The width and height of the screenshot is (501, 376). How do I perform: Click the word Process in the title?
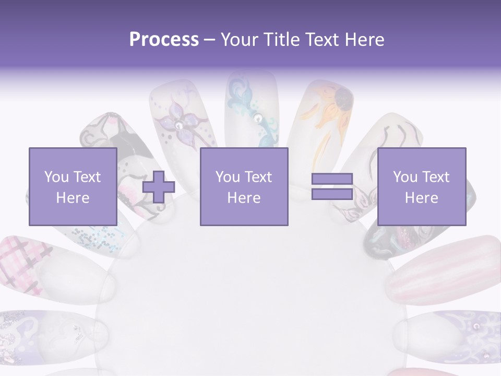pyautogui.click(x=164, y=40)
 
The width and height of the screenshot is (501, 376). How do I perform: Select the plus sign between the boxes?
pyautogui.click(x=159, y=187)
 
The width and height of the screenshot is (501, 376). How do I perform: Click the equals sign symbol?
pyautogui.click(x=332, y=186)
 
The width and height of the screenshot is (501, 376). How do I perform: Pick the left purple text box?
pyautogui.click(x=73, y=186)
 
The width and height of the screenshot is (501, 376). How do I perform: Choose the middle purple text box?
pyautogui.click(x=244, y=186)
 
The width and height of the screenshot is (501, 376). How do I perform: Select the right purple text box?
pyautogui.click(x=421, y=186)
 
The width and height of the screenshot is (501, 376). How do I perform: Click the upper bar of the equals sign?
pyautogui.click(x=332, y=179)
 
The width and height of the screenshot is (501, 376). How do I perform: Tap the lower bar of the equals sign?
pyautogui.click(x=332, y=194)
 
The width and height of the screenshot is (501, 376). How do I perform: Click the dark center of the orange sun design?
pyautogui.click(x=343, y=97)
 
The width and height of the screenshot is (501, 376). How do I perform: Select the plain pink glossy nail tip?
pyautogui.click(x=444, y=269)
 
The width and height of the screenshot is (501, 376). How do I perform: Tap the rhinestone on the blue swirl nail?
pyautogui.click(x=258, y=119)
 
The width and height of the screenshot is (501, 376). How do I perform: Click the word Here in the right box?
pyautogui.click(x=421, y=198)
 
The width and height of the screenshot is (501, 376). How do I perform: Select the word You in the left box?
pyautogui.click(x=56, y=177)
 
